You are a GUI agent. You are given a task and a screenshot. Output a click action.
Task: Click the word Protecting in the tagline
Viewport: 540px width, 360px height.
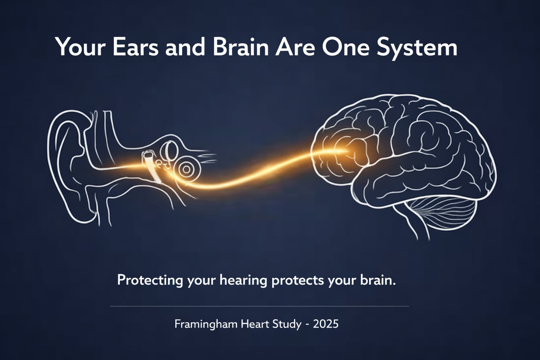click(x=150, y=280)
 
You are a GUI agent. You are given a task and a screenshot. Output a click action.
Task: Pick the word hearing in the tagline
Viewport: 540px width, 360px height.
click(x=244, y=280)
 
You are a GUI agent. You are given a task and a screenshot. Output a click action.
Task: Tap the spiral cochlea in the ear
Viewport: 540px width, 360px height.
click(x=186, y=169)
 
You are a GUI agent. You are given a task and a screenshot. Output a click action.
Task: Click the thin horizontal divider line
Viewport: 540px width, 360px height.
click(x=259, y=306)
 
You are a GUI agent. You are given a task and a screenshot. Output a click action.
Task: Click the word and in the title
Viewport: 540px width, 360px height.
click(x=186, y=47)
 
